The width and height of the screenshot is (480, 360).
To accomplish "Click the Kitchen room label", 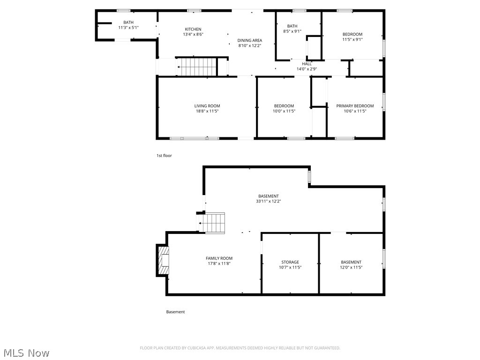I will point(193,29).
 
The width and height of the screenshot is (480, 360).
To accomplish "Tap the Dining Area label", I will point(249,40).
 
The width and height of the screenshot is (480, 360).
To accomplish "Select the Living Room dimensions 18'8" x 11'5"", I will point(207,111).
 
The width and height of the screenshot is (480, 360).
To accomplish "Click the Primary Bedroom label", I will point(355,106).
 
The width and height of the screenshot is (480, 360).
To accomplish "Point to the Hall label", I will point(307,64).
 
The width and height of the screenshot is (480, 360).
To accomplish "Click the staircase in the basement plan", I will point(213,222).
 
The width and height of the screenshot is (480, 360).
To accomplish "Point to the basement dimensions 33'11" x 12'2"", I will point(268,201).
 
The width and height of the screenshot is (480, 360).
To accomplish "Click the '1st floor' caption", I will point(164,156).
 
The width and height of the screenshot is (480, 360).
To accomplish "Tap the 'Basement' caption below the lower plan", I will point(175,312).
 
